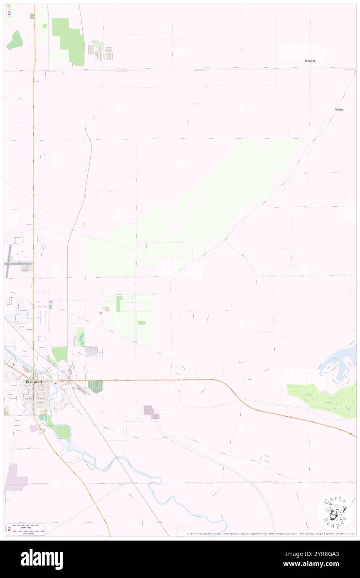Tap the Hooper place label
pos(310,61)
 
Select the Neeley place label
pos(339,109)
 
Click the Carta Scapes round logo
pos(335,512)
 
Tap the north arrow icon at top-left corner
pos(9,13)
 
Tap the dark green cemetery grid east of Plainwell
pos(96,386)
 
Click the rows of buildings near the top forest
pos(100,51)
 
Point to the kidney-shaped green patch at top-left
pos(15,40)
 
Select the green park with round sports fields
pos(81,336)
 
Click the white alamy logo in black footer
pos(42,559)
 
